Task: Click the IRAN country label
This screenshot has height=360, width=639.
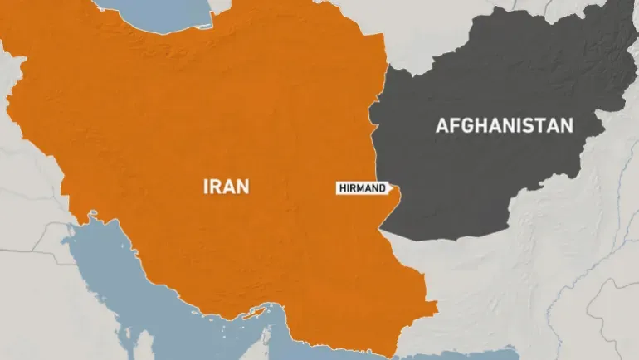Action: tap(226, 186)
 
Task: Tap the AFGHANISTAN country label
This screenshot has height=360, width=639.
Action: tap(505, 126)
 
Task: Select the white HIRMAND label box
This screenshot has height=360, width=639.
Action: tap(362, 188)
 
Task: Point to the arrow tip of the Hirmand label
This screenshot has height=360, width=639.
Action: tap(391, 188)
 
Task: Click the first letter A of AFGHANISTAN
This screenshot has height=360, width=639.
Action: tap(441, 126)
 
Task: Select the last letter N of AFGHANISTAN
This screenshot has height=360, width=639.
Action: tap(567, 126)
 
